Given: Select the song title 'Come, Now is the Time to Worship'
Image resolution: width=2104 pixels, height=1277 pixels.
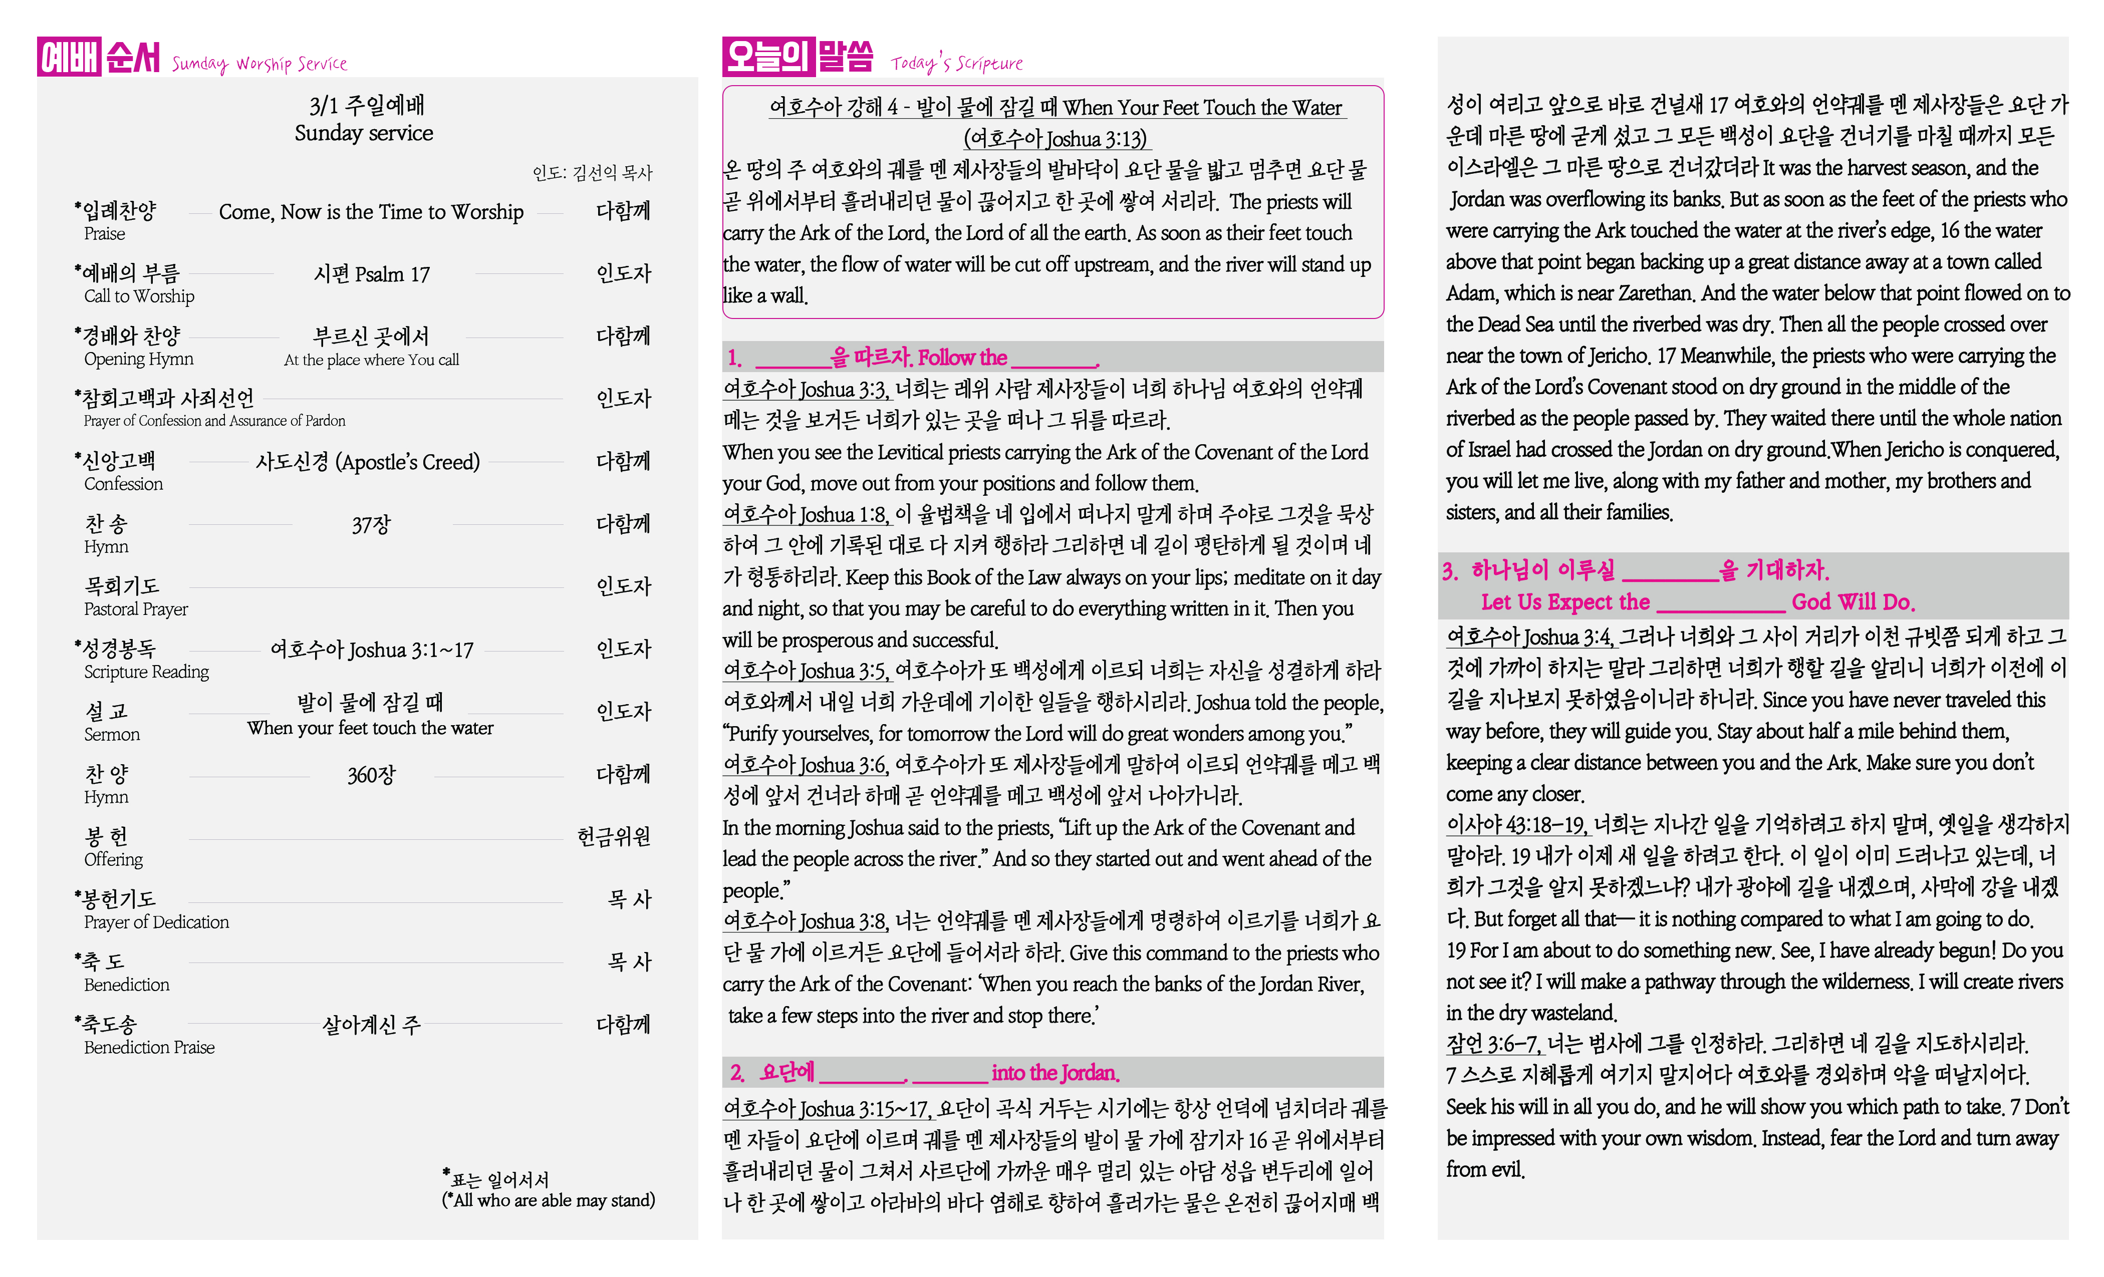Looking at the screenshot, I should tap(371, 212).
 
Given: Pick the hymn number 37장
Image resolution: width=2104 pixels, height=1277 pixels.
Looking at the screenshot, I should tap(371, 524).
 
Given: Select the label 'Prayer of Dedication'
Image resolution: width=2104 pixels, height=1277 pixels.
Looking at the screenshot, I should tap(156, 922).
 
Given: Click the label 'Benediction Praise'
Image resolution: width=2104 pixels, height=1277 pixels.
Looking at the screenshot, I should tap(149, 1047).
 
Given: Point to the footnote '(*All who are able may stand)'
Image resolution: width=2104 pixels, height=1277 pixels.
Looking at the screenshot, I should tap(548, 1200).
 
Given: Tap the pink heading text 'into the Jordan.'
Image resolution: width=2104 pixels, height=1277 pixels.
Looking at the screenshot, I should tap(1056, 1073).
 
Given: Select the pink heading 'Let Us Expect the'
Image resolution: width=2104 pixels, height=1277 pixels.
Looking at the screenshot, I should tap(1564, 602).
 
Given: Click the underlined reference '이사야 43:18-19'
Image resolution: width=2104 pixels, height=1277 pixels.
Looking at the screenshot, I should tap(1516, 825).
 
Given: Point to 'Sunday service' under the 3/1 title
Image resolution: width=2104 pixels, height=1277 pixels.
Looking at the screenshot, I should tap(364, 133).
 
